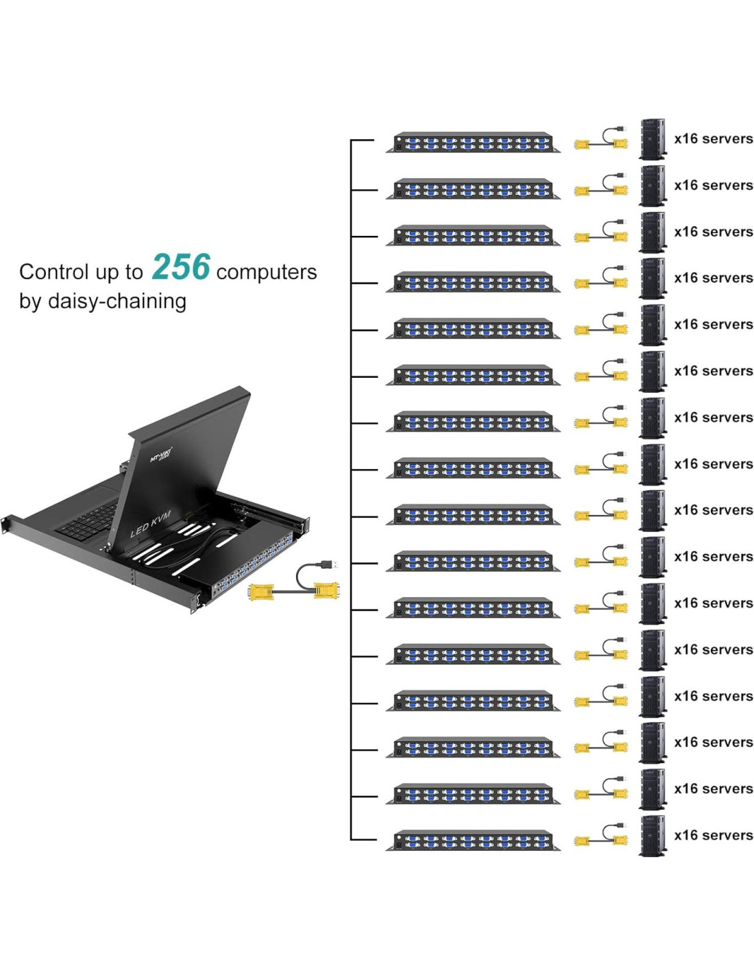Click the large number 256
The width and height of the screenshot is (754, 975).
pyautogui.click(x=181, y=267)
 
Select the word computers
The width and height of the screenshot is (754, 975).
pyautogui.click(x=266, y=272)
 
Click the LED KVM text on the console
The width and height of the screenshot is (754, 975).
pyautogui.click(x=150, y=524)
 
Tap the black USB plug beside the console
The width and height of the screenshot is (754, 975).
pyautogui.click(x=328, y=564)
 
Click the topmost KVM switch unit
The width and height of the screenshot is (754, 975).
pyautogui.click(x=473, y=142)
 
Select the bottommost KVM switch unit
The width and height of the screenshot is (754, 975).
pyautogui.click(x=473, y=840)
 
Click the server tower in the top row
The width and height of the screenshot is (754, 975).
pyautogui.click(x=653, y=139)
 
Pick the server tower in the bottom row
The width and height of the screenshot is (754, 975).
pyautogui.click(x=653, y=836)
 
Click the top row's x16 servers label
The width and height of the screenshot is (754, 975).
pyautogui.click(x=713, y=139)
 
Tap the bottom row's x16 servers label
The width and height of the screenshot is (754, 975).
pyautogui.click(x=713, y=836)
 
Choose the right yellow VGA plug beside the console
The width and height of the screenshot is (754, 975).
pyautogui.click(x=326, y=590)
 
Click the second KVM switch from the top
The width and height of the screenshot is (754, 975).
pyautogui.click(x=473, y=189)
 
